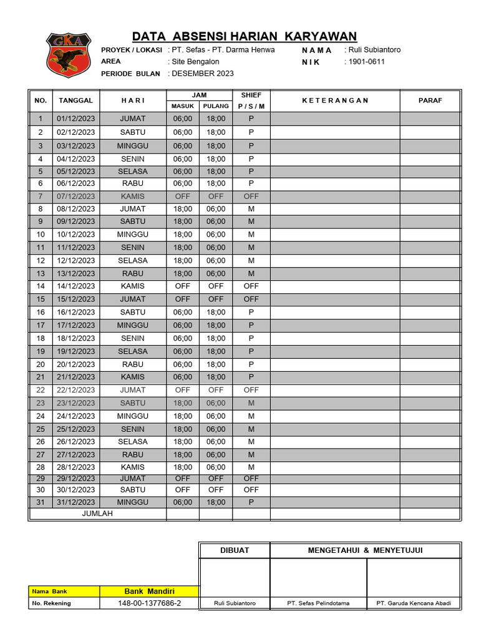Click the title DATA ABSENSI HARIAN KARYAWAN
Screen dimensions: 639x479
click(244, 36)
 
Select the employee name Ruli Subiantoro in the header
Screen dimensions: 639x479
click(374, 50)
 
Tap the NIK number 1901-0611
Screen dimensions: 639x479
click(366, 62)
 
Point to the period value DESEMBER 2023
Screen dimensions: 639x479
click(203, 74)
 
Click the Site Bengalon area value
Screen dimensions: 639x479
click(195, 62)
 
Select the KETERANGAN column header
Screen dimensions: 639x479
click(335, 100)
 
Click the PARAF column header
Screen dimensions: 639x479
click(430, 100)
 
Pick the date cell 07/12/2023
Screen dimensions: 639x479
click(75, 196)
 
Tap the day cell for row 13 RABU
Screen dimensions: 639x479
click(132, 273)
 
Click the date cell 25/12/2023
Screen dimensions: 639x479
click(75, 429)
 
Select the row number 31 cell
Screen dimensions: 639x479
click(41, 502)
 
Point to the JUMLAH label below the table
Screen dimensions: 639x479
click(97, 514)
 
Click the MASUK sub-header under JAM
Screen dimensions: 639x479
click(183, 106)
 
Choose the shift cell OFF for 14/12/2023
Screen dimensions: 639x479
click(251, 286)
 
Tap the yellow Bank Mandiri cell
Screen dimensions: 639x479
click(149, 592)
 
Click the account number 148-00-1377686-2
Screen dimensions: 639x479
click(149, 603)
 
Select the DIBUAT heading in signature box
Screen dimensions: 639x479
click(235, 550)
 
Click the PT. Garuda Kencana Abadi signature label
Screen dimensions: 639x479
click(414, 603)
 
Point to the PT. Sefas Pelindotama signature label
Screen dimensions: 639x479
click(318, 603)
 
